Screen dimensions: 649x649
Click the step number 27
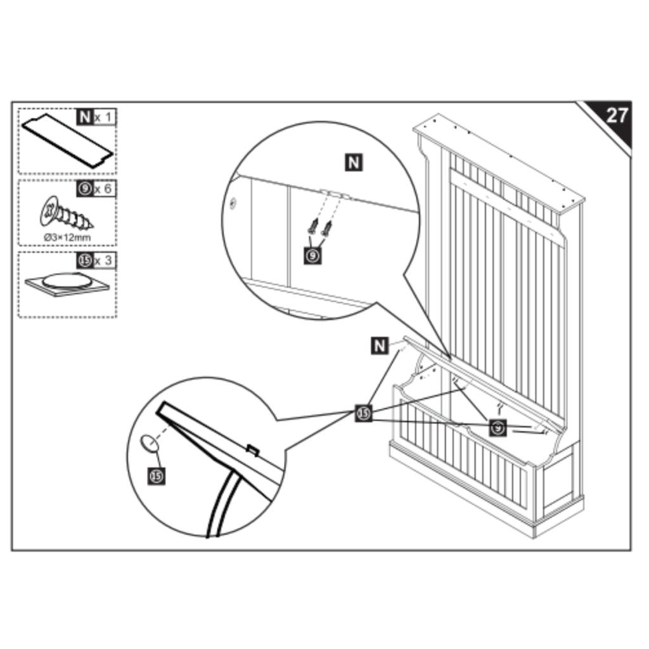point(616,116)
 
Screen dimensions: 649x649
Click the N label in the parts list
point(84,117)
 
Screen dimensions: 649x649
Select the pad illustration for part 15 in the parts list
point(67,282)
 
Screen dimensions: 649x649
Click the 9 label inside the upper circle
point(312,255)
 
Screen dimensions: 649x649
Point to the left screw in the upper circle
point(313,227)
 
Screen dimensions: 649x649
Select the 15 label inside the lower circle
point(156,475)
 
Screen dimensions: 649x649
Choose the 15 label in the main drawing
point(363,414)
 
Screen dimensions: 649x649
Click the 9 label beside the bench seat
point(498,428)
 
